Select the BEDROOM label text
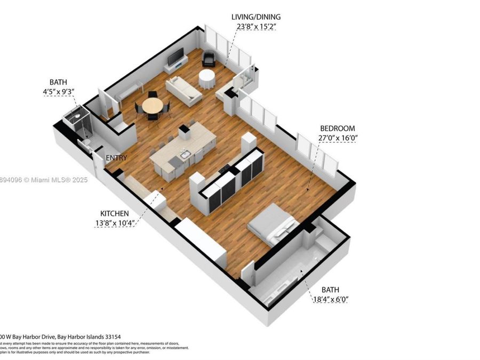click(x=337, y=129)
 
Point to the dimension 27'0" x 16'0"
click(x=338, y=138)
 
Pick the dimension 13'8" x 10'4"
click(x=113, y=223)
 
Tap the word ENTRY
click(x=116, y=158)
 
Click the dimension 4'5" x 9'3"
click(x=58, y=92)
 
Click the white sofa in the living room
click(x=183, y=91)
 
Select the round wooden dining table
click(x=153, y=106)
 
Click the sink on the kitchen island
click(x=186, y=155)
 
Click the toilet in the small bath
click(x=84, y=145)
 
